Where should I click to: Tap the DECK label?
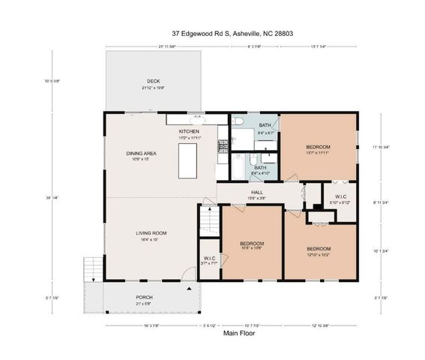[x=153, y=81]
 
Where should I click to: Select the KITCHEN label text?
[x=189, y=131]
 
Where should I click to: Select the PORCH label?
[x=144, y=297]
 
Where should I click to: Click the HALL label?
[x=256, y=191]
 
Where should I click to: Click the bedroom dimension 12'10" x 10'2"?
[x=318, y=253]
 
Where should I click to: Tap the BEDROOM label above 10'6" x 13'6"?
[x=251, y=243]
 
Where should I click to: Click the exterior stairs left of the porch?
[x=91, y=268]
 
